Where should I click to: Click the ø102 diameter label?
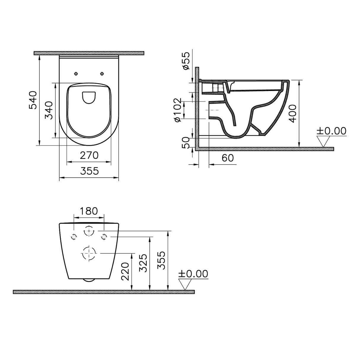coord(177,110)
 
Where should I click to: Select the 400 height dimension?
coord(293,113)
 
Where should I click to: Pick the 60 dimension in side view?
coord(227,158)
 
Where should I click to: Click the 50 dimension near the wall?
coord(186,143)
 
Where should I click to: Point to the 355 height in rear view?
coord(161,260)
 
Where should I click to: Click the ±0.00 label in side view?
coord(331,131)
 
